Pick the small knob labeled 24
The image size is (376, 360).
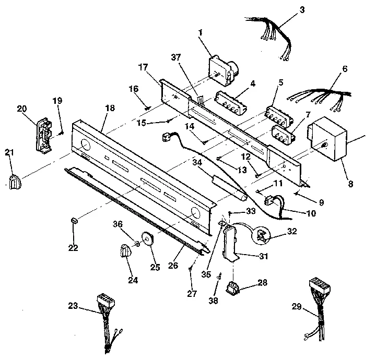[x=125, y=251]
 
